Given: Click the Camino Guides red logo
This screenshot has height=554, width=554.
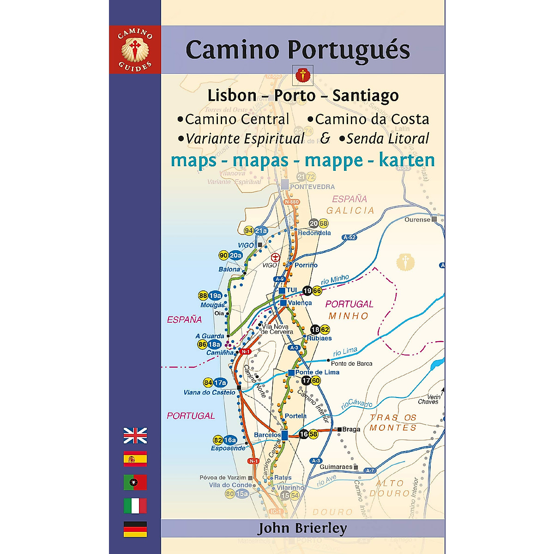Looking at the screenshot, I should [x=135, y=49].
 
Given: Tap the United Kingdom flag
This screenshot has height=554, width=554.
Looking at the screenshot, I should [x=135, y=435].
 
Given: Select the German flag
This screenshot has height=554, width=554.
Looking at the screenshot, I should [x=135, y=529].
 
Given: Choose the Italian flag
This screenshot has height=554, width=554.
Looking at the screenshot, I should [x=135, y=506].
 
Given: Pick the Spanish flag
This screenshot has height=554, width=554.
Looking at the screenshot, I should [x=135, y=459].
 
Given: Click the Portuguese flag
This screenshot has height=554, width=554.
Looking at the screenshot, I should [x=135, y=482].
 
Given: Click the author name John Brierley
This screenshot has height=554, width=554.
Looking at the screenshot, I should [x=302, y=528].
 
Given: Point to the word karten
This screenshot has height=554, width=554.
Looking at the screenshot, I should [x=407, y=160].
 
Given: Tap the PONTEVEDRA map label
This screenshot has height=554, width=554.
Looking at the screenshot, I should [x=312, y=187].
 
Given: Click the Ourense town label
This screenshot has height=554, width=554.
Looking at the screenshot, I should [x=417, y=220].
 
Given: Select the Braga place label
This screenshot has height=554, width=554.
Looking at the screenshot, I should [x=351, y=429].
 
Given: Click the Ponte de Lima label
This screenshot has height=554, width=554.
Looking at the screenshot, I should [x=317, y=372].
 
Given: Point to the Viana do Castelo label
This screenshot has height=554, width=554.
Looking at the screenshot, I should [x=209, y=392].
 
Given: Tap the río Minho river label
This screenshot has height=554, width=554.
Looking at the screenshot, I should [x=335, y=279].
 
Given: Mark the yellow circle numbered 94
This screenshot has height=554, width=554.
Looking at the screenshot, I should [x=249, y=231].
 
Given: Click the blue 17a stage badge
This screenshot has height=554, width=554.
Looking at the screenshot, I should [x=220, y=383].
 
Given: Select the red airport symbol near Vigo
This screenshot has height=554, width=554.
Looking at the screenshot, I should [x=275, y=257].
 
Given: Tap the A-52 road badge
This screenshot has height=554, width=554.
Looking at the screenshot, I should [x=349, y=237].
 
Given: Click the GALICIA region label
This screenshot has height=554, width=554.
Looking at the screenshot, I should [x=350, y=211].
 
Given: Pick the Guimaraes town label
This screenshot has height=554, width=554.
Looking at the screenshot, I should [x=336, y=467].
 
